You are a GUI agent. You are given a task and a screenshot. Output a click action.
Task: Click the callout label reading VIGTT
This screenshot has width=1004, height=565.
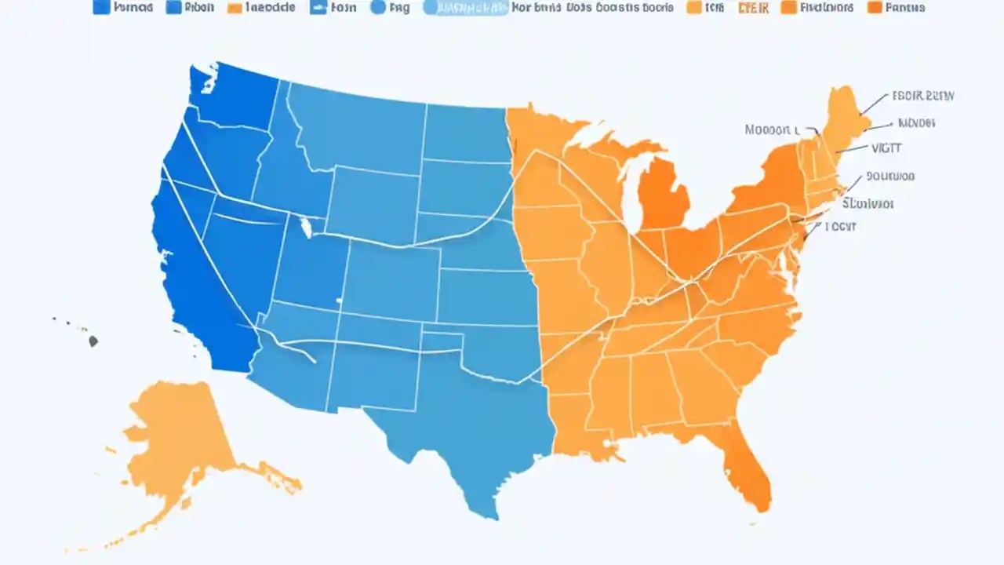(x=887, y=148)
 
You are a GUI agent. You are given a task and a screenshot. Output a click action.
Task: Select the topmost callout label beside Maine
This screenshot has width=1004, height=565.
(x=922, y=97)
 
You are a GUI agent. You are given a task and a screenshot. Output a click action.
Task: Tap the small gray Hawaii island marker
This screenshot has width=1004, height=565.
(x=93, y=341)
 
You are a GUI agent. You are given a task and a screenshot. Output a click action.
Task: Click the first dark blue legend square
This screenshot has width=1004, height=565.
(x=100, y=8)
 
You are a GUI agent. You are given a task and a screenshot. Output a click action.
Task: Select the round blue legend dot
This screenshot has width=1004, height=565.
(x=377, y=8)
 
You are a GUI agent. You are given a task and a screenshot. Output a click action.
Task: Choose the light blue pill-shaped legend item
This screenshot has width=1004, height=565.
(x=464, y=8)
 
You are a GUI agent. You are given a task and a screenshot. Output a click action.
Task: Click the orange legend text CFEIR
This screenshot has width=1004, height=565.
(x=754, y=8)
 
